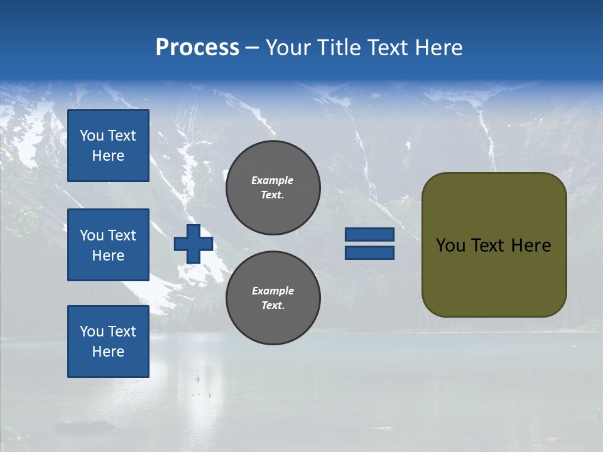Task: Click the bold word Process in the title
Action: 197,48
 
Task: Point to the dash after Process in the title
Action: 252,48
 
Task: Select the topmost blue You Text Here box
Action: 108,146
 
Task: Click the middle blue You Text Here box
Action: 108,245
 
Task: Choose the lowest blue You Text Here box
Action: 108,341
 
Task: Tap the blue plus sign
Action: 193,244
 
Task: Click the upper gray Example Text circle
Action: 273,187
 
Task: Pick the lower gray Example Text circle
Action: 273,298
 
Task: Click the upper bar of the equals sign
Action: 369,234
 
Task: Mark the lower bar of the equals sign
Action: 369,252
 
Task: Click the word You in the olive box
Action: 450,245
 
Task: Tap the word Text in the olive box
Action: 490,245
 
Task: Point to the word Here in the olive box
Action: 531,245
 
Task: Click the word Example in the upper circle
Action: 273,180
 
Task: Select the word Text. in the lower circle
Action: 273,306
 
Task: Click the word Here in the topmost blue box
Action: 108,156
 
